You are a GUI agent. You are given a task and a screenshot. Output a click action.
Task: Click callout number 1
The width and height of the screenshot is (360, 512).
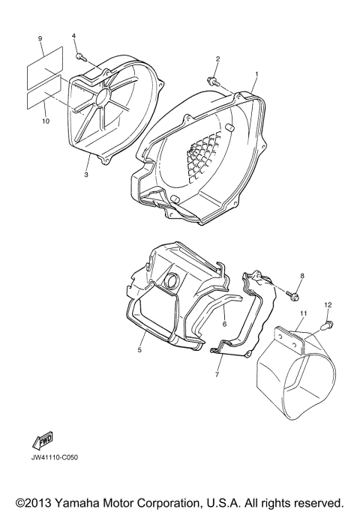point(256,74)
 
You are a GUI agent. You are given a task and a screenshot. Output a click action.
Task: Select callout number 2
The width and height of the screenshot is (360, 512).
point(217,59)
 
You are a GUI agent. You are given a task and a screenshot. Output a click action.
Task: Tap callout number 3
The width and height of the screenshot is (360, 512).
point(86,175)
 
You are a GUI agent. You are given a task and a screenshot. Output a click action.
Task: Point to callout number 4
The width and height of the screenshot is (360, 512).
point(74,36)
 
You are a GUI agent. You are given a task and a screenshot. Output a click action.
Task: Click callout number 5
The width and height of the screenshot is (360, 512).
point(140,349)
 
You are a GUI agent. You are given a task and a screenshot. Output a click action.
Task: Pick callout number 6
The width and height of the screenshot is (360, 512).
point(223,324)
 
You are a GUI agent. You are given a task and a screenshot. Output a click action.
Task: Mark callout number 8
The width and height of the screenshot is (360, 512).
point(302,277)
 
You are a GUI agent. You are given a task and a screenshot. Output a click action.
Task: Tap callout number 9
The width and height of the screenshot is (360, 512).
point(40,37)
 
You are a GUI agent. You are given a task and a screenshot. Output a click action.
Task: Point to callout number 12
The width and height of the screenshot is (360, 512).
point(327,304)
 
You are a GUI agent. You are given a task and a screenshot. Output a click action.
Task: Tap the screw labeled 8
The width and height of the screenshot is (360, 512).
point(289,292)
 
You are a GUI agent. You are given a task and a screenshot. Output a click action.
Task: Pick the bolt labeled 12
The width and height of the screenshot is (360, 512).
point(327,324)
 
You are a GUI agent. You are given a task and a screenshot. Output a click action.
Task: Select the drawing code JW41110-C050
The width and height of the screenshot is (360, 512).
point(55,457)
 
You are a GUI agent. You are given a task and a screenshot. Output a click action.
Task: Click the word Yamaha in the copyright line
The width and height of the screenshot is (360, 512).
point(78,502)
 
